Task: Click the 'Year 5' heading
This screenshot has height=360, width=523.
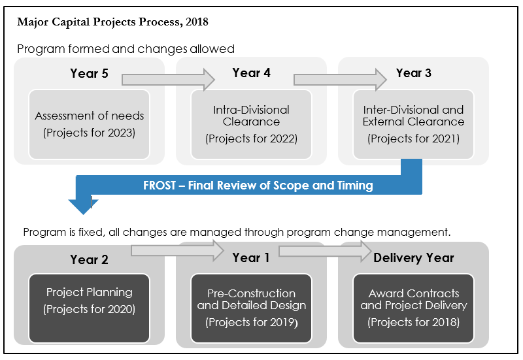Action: click(x=89, y=73)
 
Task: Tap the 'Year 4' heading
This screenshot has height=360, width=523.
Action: click(x=251, y=73)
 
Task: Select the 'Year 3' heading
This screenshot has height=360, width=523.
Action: click(x=414, y=73)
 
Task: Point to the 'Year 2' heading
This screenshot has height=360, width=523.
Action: click(x=89, y=259)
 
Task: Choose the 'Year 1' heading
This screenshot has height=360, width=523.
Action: click(x=251, y=257)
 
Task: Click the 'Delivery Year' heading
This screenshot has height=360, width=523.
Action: click(x=414, y=257)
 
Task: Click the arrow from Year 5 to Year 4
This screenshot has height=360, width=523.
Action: click(x=168, y=80)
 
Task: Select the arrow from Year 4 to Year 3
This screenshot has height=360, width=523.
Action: click(x=340, y=79)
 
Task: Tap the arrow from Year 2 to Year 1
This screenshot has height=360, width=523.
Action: click(x=177, y=251)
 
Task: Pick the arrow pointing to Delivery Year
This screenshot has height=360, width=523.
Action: click(x=325, y=251)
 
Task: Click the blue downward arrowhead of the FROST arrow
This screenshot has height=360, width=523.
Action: click(x=83, y=206)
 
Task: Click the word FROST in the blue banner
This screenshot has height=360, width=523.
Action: click(x=160, y=186)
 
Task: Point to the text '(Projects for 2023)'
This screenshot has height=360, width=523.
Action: click(x=89, y=133)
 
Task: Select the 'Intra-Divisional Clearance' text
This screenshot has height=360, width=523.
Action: click(x=251, y=116)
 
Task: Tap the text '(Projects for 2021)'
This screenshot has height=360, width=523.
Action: click(x=414, y=139)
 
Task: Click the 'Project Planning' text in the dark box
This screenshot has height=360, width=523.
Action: click(x=89, y=292)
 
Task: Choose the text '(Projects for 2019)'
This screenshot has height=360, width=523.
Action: click(x=252, y=322)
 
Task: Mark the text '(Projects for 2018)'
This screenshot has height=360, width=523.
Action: click(x=414, y=322)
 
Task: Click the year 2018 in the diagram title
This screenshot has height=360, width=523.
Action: click(x=197, y=22)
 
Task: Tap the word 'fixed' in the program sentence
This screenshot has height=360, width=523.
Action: click(x=91, y=232)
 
